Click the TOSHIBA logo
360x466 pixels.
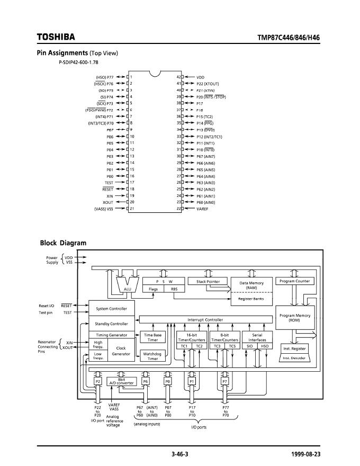pos(56,37)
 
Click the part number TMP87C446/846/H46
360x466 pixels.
pos(288,38)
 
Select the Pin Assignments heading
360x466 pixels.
pos(62,53)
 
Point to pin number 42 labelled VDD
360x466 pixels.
pos(179,77)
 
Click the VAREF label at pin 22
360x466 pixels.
pos(203,209)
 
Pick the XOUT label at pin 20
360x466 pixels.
pos(108,202)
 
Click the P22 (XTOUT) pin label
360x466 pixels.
pos(208,84)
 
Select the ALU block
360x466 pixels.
pos(127,289)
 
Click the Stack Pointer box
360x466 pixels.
pos(208,281)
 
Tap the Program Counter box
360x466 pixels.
pos(295,281)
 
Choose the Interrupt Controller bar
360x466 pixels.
pos(205,320)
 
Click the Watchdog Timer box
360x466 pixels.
pos(152,356)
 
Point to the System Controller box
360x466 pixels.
pos(112,308)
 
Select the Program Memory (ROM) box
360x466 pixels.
pos(295,318)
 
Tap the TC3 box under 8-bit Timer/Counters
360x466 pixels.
pos(217,346)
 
